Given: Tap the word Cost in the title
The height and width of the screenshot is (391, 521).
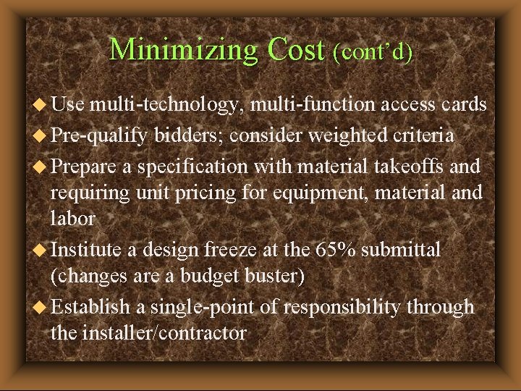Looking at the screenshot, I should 296,49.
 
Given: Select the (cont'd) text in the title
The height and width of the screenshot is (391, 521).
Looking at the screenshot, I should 373,51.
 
